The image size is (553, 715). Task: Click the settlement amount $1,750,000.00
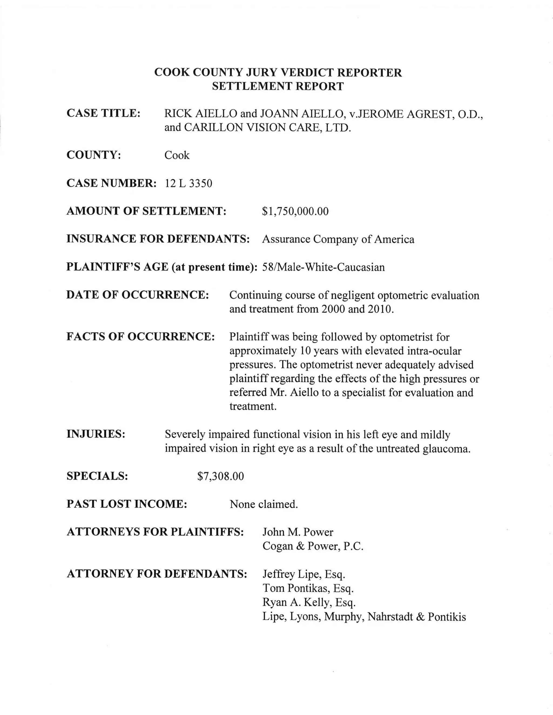(295, 211)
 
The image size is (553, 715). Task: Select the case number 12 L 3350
(188, 183)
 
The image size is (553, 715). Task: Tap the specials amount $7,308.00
(220, 476)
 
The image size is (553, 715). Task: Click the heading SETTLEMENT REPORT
(278, 86)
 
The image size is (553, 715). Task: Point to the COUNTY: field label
(94, 155)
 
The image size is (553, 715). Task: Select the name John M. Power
(298, 532)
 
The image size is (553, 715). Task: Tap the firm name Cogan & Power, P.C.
(313, 546)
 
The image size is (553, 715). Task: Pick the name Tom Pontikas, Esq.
(308, 588)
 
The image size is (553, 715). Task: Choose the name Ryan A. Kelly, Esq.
(309, 602)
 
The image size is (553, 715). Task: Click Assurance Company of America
(338, 239)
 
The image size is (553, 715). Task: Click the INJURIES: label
(96, 434)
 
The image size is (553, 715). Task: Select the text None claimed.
(264, 504)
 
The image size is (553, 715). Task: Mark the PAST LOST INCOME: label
(127, 504)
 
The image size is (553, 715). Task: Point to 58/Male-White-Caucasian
(323, 267)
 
